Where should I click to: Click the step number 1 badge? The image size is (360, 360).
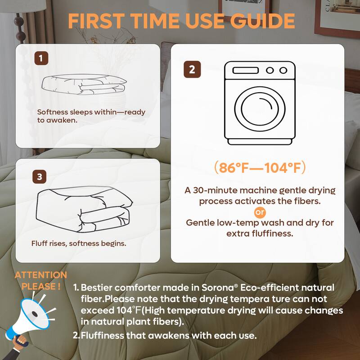[41, 58]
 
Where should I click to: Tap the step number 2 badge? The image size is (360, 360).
[192, 70]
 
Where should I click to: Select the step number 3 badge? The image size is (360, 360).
[40, 177]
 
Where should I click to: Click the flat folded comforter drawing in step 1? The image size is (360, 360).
[84, 84]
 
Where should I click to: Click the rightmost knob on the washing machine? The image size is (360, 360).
[283, 70]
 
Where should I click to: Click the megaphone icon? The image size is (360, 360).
[31, 315]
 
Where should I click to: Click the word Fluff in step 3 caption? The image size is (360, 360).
[39, 243]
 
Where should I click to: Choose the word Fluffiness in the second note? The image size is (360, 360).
[101, 335]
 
